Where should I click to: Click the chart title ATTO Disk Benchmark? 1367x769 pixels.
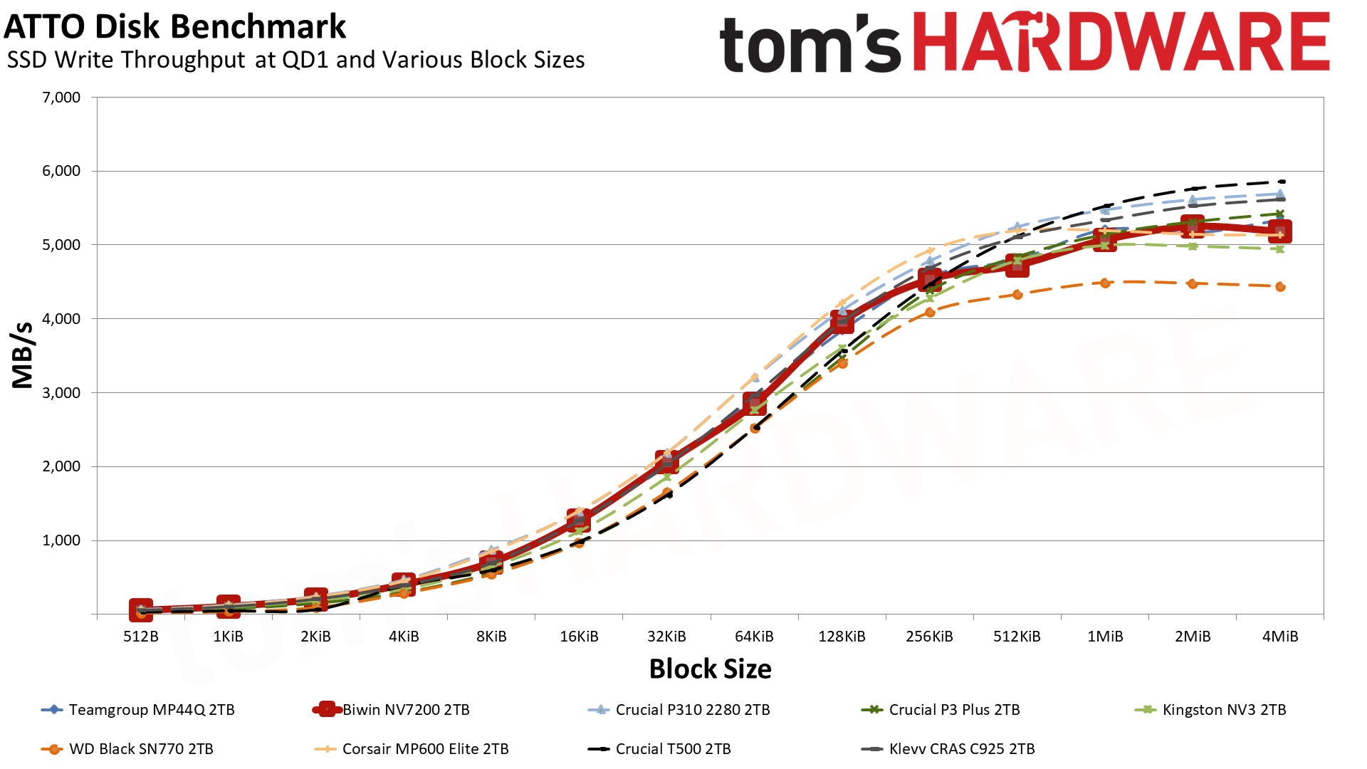click(x=175, y=27)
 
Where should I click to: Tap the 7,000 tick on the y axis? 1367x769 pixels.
click(x=62, y=98)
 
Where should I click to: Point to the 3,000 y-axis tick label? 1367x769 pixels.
click(x=62, y=393)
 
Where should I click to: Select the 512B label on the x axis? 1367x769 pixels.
click(x=141, y=637)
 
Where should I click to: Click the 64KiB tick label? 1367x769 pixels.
click(x=754, y=637)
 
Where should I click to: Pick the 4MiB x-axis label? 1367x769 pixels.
click(x=1280, y=637)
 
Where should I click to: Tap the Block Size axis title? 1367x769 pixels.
click(x=710, y=669)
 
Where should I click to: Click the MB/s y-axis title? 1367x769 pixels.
click(x=23, y=355)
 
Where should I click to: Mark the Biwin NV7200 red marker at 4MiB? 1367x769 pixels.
click(x=1280, y=232)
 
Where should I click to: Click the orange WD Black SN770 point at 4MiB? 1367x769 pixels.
click(x=1280, y=287)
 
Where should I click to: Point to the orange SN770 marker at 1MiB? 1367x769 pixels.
click(x=1105, y=283)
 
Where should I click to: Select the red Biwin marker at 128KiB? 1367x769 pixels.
click(x=842, y=323)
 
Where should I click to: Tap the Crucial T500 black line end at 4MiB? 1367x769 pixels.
click(x=1282, y=182)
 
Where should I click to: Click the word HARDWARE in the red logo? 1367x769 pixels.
click(x=1121, y=43)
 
